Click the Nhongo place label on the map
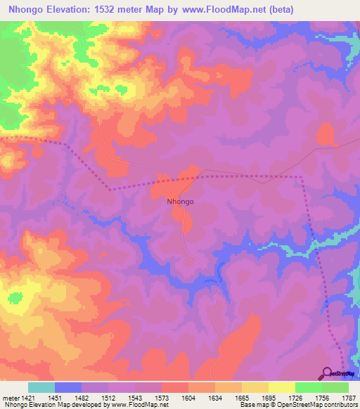180,202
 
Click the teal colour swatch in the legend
41,387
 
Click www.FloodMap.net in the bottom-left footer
137,405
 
